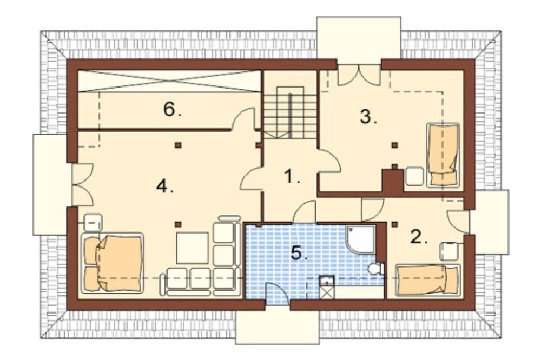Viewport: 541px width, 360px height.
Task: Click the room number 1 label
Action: coord(292,177)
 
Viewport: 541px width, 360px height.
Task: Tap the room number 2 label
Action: coord(419,237)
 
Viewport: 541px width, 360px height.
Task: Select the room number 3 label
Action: coord(368,117)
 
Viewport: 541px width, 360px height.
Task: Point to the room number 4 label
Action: coord(164,186)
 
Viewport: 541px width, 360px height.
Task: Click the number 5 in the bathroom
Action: coord(299,253)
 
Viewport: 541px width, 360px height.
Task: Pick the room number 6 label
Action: coord(172,110)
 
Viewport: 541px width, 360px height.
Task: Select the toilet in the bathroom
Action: coord(376,268)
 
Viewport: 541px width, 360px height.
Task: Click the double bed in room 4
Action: coord(113,263)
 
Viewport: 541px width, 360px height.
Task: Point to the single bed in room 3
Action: coord(444,155)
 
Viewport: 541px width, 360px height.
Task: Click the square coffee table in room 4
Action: coord(193,248)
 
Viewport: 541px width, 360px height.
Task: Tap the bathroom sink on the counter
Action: coord(327,281)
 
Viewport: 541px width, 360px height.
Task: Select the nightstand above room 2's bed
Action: coord(449,251)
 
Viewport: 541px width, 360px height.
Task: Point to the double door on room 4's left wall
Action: coord(83,185)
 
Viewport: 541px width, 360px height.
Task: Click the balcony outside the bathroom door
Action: coord(278,327)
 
